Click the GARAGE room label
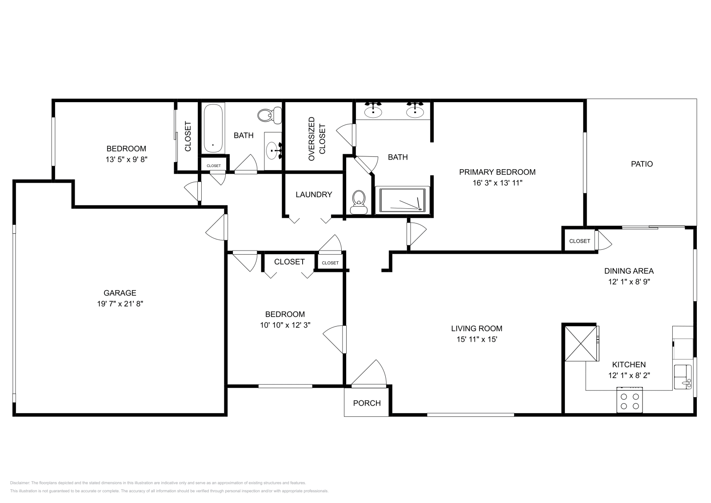(120, 293)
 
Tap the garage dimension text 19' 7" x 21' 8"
(120, 303)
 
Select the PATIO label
(642, 164)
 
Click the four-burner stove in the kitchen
(629, 400)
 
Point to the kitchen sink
(683, 377)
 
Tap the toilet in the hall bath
(269, 115)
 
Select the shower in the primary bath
(403, 200)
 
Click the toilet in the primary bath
(359, 202)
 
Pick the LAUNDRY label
(314, 195)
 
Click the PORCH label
(367, 403)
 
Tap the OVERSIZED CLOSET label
(317, 139)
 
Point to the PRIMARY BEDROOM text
(497, 172)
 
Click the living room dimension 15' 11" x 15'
(477, 339)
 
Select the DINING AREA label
(629, 271)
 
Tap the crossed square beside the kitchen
(581, 343)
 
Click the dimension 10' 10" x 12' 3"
(285, 325)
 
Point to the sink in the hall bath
(273, 151)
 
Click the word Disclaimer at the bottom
(20, 483)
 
